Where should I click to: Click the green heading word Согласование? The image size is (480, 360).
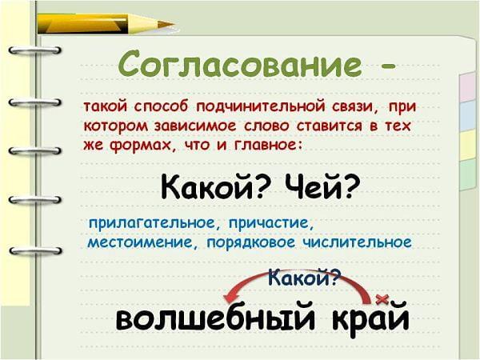[240, 64]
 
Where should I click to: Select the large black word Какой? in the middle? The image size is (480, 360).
[214, 186]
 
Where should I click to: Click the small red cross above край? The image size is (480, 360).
[382, 299]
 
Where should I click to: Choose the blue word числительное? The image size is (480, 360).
[357, 242]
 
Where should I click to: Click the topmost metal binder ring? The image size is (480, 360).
[34, 50]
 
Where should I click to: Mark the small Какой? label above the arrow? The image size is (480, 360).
[304, 278]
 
